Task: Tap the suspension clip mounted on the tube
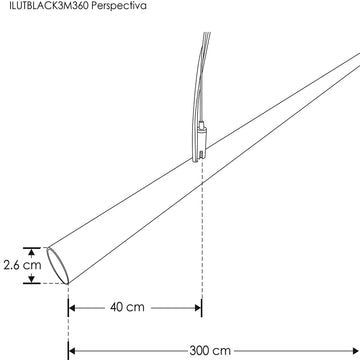(200, 140)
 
